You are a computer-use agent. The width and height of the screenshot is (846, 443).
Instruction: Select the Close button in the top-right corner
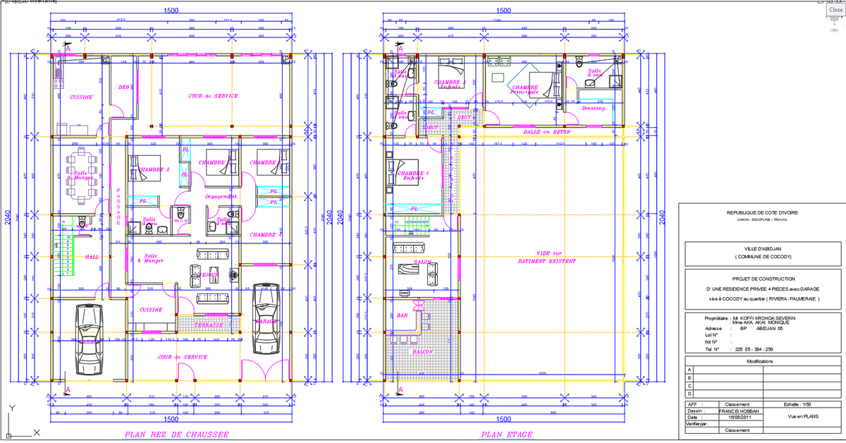(835, 10)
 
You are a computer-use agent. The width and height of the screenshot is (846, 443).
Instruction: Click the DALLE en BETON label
(547, 132)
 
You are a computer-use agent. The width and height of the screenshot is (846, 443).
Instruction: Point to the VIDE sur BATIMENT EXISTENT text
(546, 256)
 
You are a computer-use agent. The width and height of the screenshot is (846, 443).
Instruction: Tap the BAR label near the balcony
(403, 315)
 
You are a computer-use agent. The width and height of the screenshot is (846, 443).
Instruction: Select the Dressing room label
(594, 108)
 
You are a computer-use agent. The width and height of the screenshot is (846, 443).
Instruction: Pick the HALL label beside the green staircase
(92, 257)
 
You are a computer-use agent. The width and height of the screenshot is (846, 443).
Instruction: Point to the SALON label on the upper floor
(422, 262)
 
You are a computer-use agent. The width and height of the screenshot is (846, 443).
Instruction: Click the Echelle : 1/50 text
(801, 404)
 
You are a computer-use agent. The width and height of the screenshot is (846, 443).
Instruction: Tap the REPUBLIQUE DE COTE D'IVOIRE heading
(757, 213)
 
